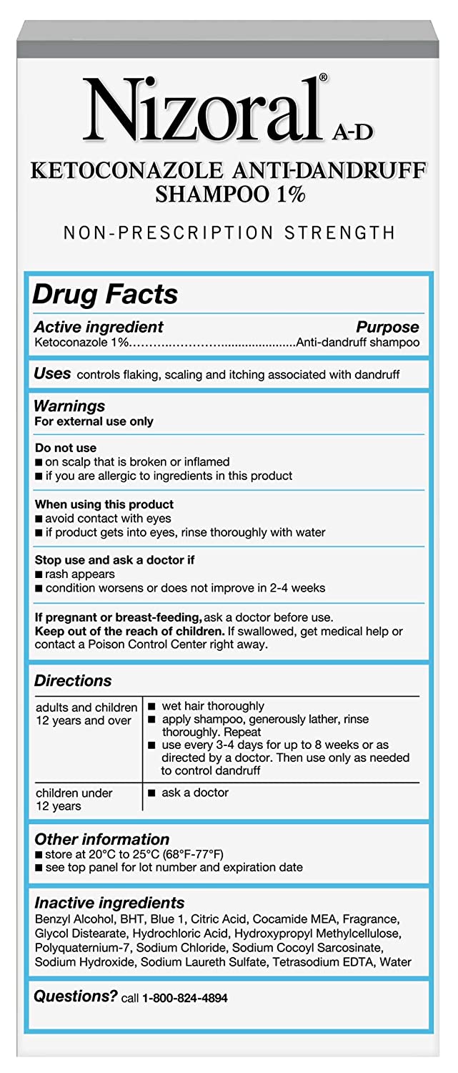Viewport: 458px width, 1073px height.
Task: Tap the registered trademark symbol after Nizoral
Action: tap(323, 77)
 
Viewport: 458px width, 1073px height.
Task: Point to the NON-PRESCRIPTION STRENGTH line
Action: tap(229, 232)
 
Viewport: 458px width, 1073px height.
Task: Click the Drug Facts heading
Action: tap(106, 295)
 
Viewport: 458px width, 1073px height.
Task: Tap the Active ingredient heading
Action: tap(99, 327)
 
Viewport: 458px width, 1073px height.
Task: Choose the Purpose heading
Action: tap(387, 327)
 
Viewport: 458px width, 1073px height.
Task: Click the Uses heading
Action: tap(52, 373)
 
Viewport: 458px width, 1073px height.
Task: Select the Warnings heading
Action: tap(69, 406)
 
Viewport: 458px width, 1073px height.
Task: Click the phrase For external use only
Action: tap(94, 421)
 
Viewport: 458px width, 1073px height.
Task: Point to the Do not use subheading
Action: tap(65, 449)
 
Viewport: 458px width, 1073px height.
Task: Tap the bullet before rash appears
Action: tap(38, 574)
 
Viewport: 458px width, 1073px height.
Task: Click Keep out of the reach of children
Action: tap(129, 631)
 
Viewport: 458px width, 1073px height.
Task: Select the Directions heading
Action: tap(73, 680)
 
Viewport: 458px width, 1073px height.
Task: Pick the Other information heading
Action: tap(101, 839)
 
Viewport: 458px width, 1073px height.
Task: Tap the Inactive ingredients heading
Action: tap(109, 903)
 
